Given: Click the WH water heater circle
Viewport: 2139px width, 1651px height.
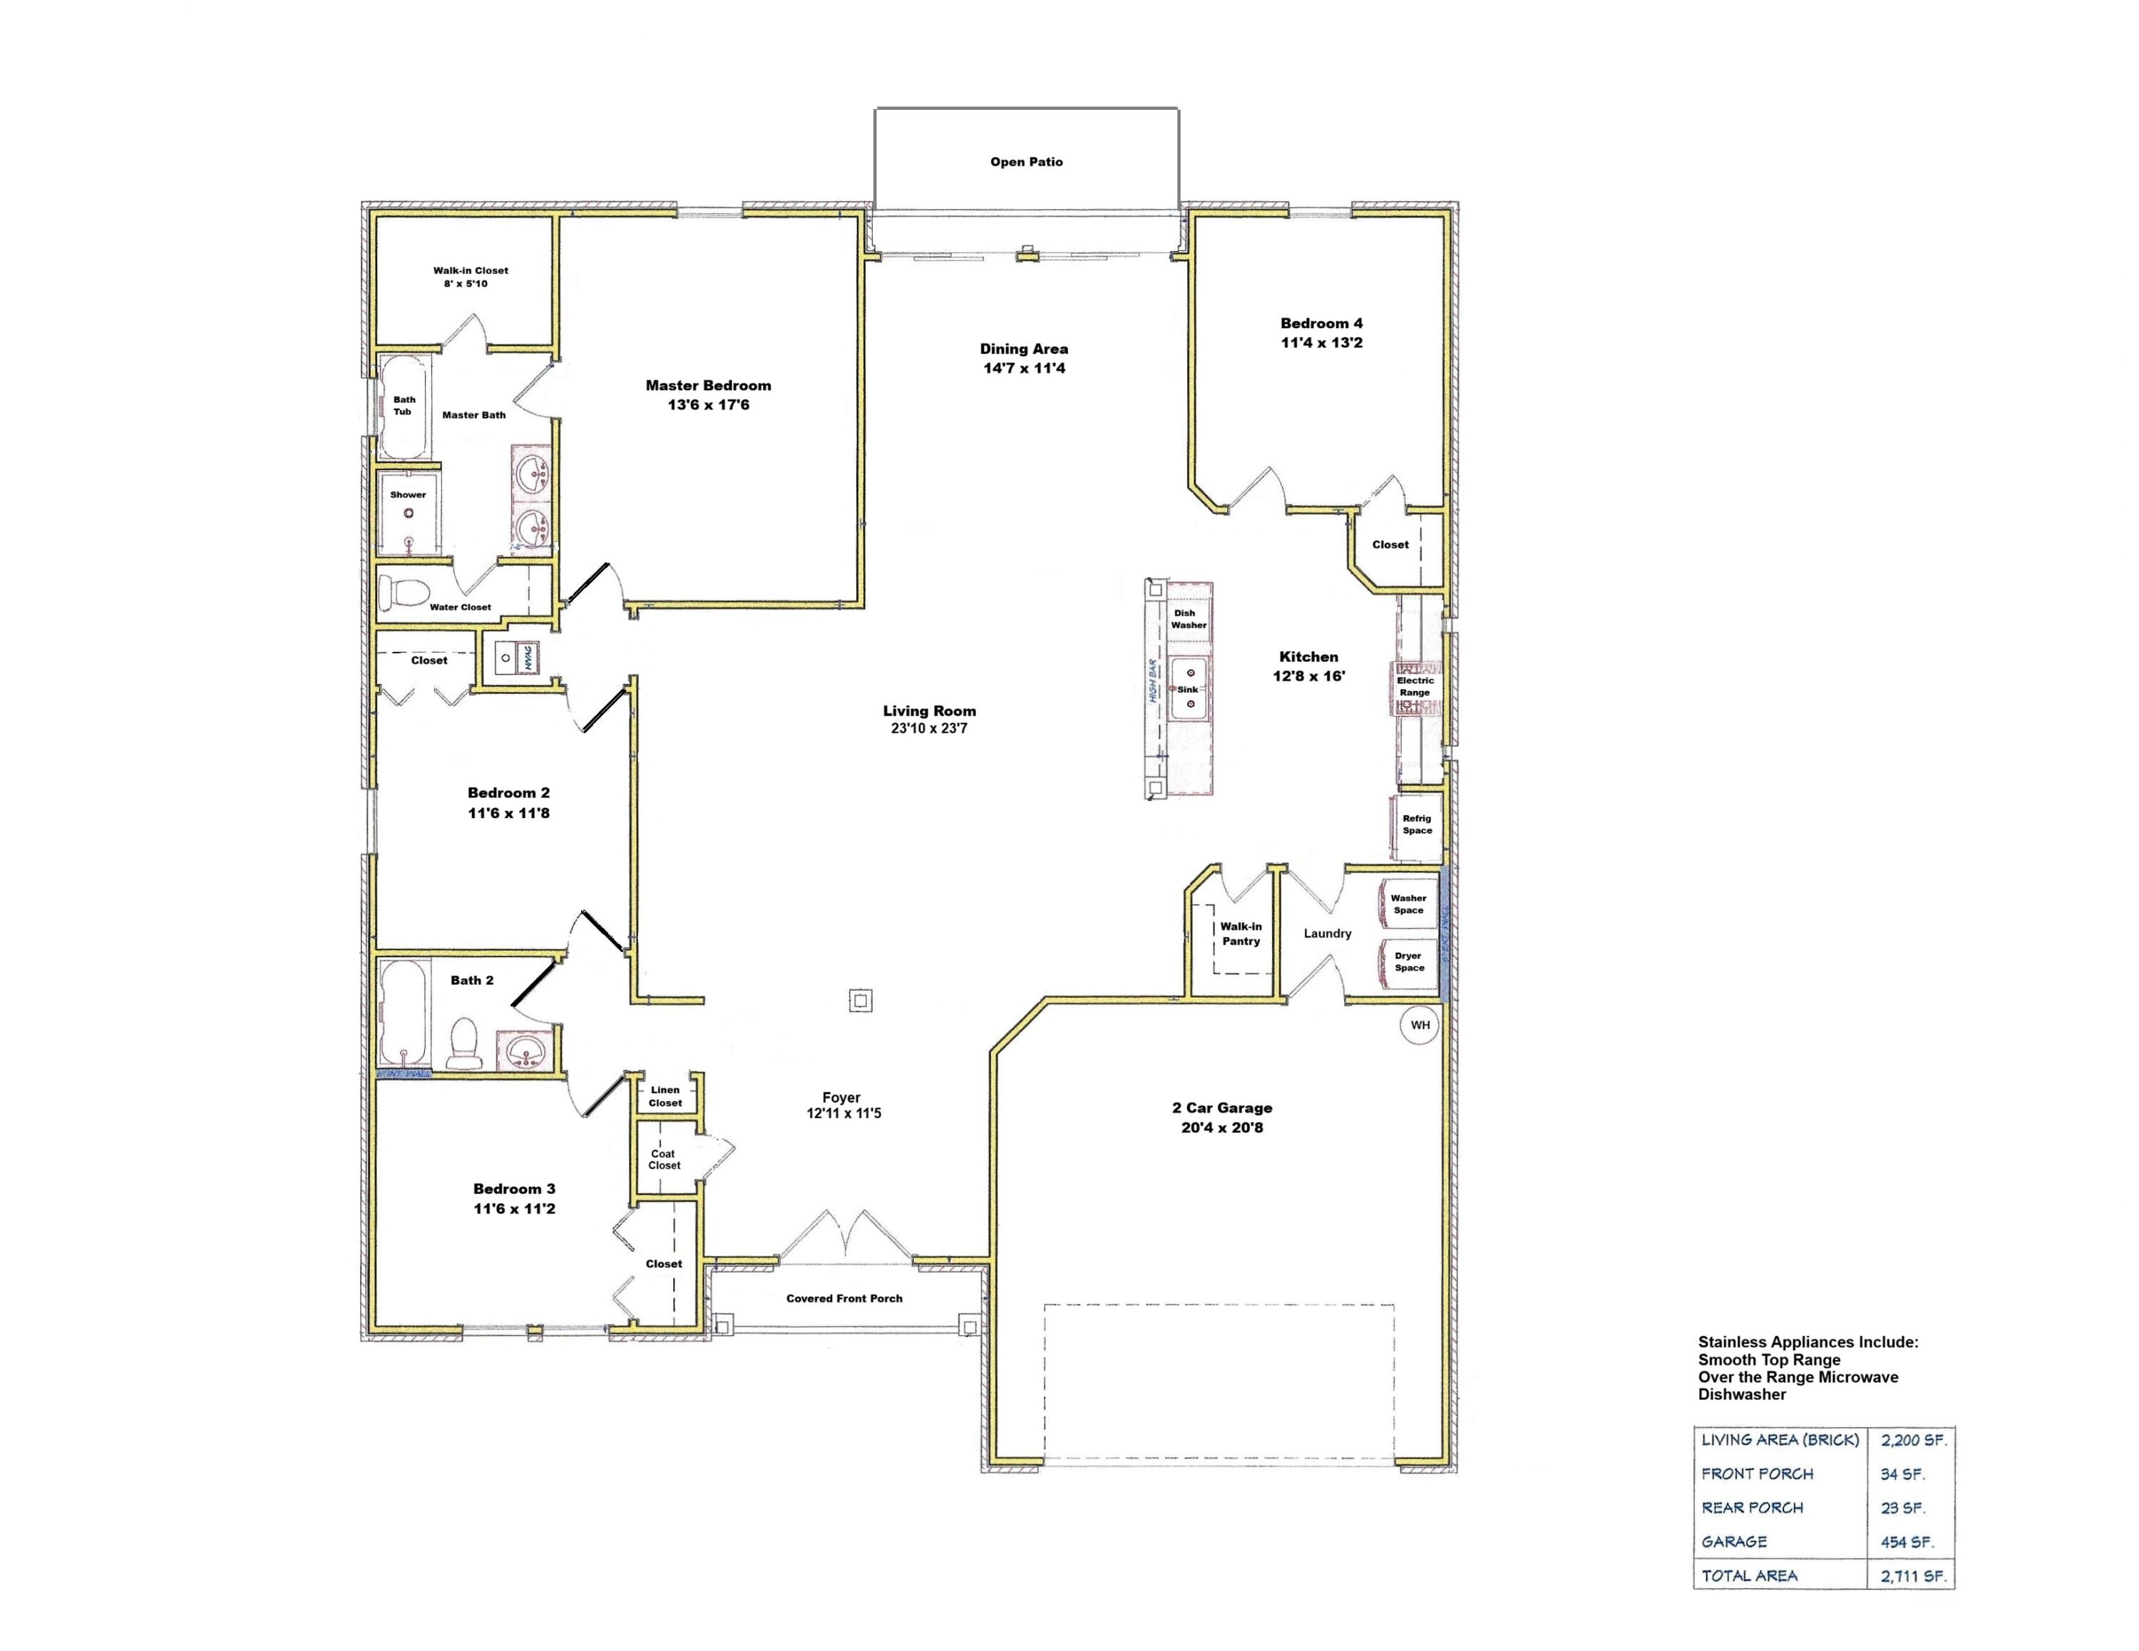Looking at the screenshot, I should (x=1419, y=1025).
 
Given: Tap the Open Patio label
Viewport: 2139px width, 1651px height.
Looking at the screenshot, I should (x=1025, y=162).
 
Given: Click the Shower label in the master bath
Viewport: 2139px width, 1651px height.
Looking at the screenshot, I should (x=407, y=495).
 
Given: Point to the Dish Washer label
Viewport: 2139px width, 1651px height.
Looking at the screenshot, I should (x=1188, y=618).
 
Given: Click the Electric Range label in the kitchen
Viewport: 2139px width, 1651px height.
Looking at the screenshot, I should (x=1415, y=686).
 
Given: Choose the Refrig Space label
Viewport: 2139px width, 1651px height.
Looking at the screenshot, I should (x=1416, y=824).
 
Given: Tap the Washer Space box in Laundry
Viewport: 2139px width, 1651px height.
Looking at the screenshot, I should (x=1407, y=904).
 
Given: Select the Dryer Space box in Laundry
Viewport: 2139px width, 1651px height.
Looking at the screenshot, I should (x=1407, y=961).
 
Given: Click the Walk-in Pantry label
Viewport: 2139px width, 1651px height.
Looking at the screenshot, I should (x=1240, y=933).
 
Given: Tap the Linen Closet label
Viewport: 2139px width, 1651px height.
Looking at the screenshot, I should (x=665, y=1095).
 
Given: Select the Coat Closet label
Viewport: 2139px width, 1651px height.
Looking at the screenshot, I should (x=663, y=1159).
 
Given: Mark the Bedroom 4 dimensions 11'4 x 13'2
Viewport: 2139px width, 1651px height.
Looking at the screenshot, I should (x=1321, y=342).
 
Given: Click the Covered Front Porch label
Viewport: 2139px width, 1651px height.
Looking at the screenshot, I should (x=843, y=1298).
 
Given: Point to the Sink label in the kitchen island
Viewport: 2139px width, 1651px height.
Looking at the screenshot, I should (x=1187, y=689).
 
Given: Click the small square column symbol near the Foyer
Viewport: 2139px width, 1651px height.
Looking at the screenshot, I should (x=860, y=1001).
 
